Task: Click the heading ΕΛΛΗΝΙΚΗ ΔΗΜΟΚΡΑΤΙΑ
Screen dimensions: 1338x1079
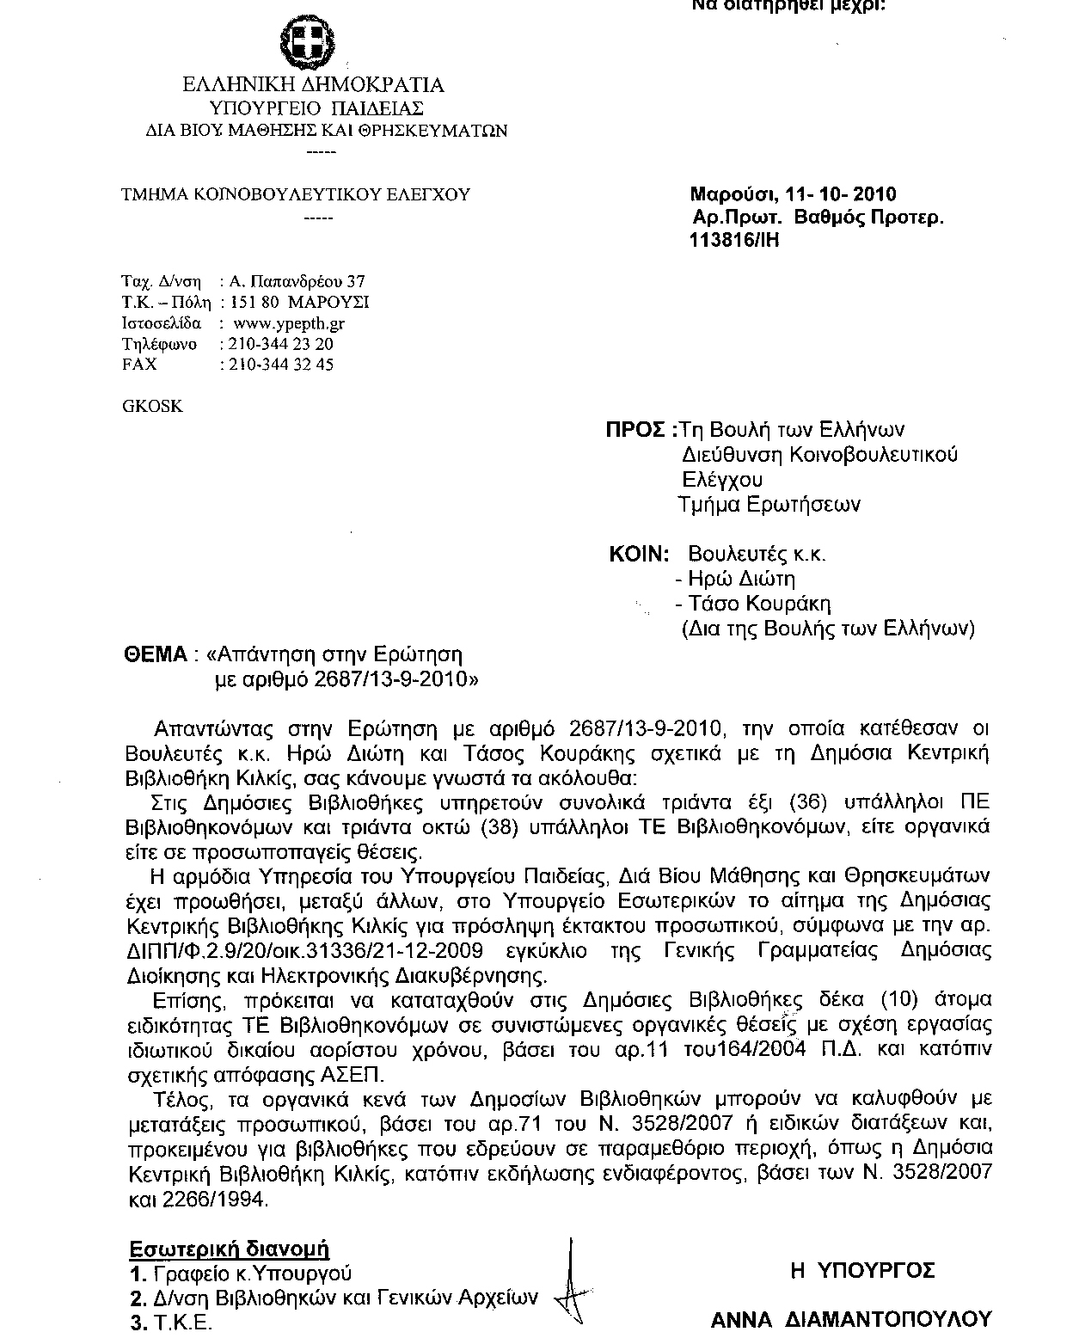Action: (313, 85)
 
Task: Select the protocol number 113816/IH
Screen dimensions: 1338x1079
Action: (733, 241)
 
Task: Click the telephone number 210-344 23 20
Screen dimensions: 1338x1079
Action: (277, 344)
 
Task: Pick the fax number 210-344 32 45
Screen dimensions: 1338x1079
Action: (277, 364)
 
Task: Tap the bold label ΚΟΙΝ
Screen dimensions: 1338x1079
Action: (638, 554)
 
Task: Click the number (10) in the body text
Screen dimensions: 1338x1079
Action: (893, 999)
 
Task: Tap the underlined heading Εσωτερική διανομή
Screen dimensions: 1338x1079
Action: (230, 1249)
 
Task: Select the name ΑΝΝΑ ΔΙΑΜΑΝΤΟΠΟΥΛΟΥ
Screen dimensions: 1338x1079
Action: (851, 1318)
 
